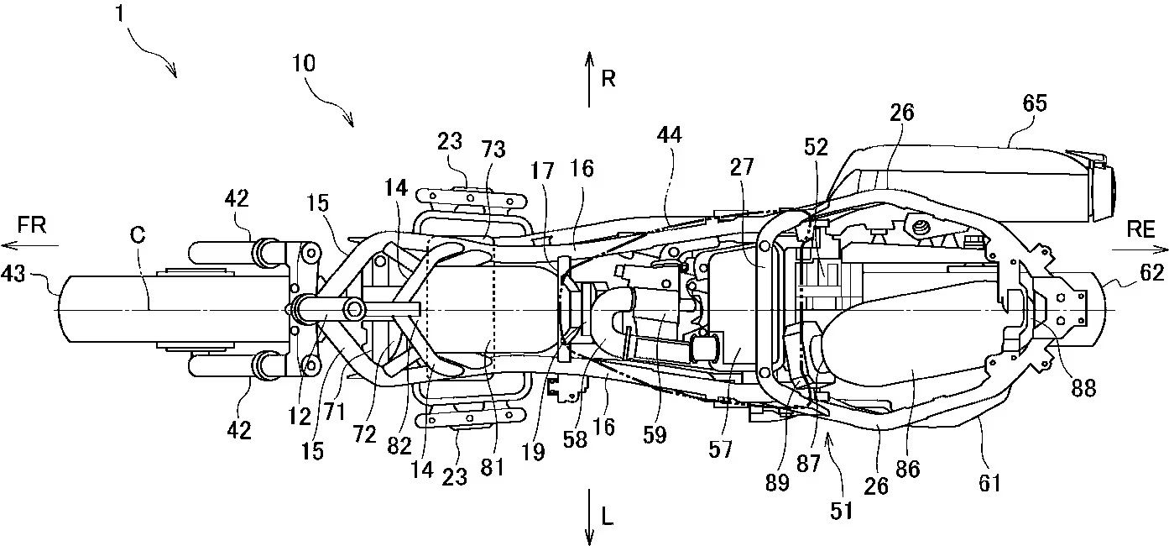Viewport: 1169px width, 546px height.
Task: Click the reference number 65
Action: click(1035, 103)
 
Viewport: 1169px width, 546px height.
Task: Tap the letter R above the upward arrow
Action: click(609, 79)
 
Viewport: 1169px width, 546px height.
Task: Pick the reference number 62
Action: click(1152, 272)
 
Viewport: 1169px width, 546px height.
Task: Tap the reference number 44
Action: click(670, 134)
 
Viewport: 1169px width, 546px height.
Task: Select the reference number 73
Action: click(494, 149)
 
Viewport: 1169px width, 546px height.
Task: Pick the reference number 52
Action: click(816, 147)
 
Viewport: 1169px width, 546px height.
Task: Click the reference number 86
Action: click(908, 470)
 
